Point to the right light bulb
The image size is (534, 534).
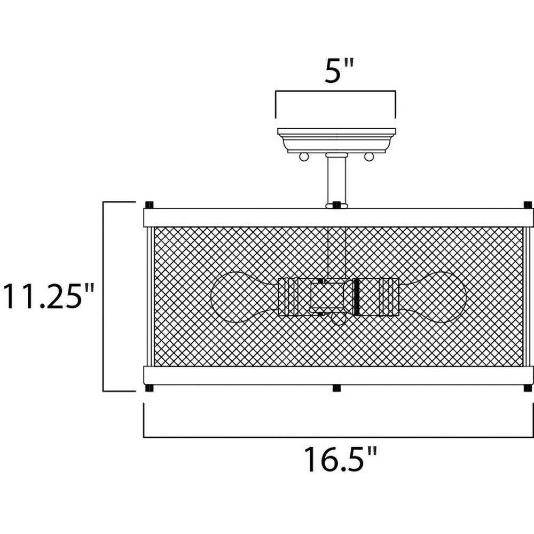(433, 297)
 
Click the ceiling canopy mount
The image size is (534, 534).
(336, 140)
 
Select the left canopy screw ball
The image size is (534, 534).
(304, 156)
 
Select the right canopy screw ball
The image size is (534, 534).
(369, 156)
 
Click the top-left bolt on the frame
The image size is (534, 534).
(149, 205)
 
